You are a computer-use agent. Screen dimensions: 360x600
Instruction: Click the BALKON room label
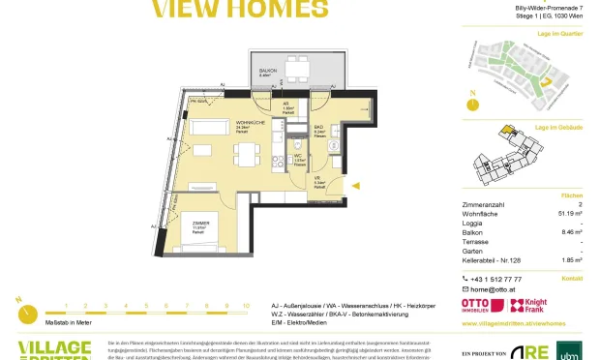266,71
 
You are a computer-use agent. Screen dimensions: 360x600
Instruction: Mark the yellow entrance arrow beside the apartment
357,185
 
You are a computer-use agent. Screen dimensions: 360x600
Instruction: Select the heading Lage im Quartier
560,34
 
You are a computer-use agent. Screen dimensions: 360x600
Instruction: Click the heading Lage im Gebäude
559,128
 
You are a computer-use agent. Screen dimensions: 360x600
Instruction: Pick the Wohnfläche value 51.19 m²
567,214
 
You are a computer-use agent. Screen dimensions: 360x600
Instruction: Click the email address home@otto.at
495,289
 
